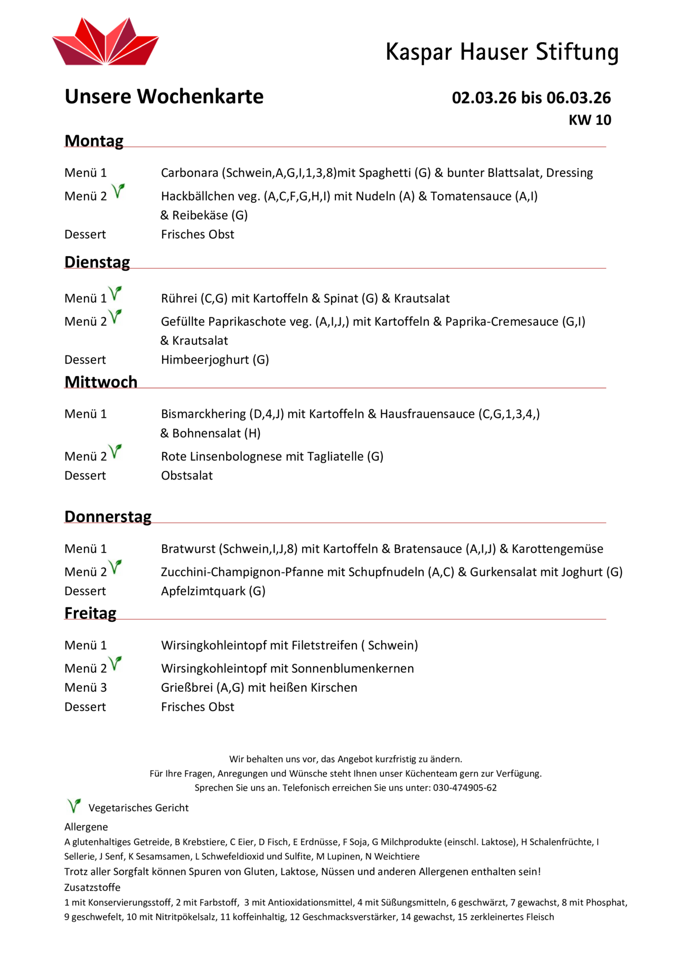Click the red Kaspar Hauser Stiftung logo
pyautogui.click(x=106, y=42)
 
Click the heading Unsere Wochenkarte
pyautogui.click(x=164, y=97)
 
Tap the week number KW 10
pyautogui.click(x=589, y=120)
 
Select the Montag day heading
pyautogui.click(x=94, y=141)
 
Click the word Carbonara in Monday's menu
pyautogui.click(x=190, y=173)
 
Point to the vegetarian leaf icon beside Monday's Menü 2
pyautogui.click(x=119, y=191)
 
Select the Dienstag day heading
pyautogui.click(x=97, y=262)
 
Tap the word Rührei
pyautogui.click(x=179, y=298)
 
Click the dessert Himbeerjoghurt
pyautogui.click(x=205, y=360)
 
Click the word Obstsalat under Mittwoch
pyautogui.click(x=187, y=475)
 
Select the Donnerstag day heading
pyautogui.click(x=108, y=516)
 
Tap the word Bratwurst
pyautogui.click(x=188, y=549)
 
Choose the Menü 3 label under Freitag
pyautogui.click(x=86, y=688)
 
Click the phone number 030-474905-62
pyautogui.click(x=465, y=788)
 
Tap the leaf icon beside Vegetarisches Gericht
pyautogui.click(x=74, y=806)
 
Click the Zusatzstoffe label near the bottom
pyautogui.click(x=92, y=887)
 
